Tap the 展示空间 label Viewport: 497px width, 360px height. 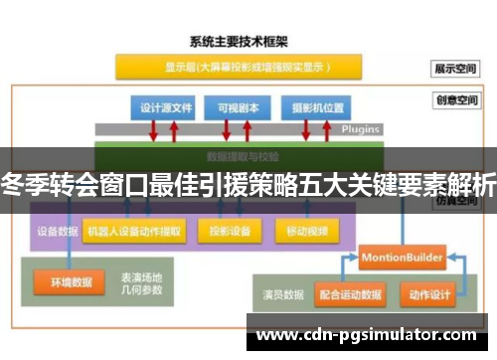pos(454,70)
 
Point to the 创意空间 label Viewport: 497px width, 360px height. pos(454,100)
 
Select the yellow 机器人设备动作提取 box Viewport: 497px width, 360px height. pos(135,231)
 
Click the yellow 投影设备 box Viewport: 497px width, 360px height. pos(228,231)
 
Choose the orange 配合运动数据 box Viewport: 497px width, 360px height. pos(351,295)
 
